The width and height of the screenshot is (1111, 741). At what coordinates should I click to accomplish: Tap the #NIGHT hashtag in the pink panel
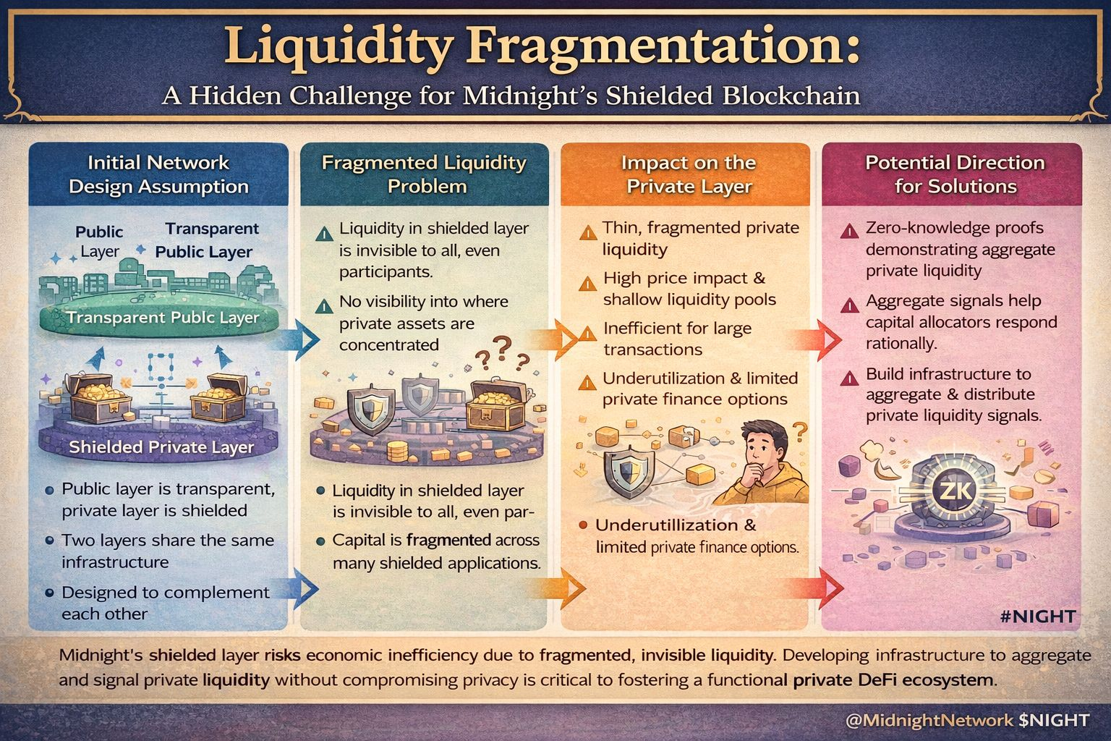click(x=1039, y=617)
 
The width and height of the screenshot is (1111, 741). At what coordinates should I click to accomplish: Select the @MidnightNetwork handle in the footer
click(x=929, y=720)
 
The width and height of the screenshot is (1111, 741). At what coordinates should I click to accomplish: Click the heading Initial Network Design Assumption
click(x=158, y=174)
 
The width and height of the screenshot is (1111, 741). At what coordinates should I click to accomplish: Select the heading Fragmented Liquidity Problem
click(x=424, y=174)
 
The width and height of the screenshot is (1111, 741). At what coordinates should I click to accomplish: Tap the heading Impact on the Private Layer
click(x=689, y=174)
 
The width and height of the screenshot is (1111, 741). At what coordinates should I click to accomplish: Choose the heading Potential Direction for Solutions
click(x=955, y=174)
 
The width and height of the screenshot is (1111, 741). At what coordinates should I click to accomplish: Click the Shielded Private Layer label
click(x=161, y=447)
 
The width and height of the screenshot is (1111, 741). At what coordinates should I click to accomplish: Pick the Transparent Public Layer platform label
click(x=162, y=318)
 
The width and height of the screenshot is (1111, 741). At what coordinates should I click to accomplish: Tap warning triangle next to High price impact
click(x=587, y=281)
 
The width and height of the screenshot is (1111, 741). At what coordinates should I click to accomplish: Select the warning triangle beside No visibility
click(x=324, y=305)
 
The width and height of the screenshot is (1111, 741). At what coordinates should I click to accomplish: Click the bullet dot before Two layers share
click(x=49, y=541)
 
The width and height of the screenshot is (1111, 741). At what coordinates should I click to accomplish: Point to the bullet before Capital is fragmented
click(x=320, y=541)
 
